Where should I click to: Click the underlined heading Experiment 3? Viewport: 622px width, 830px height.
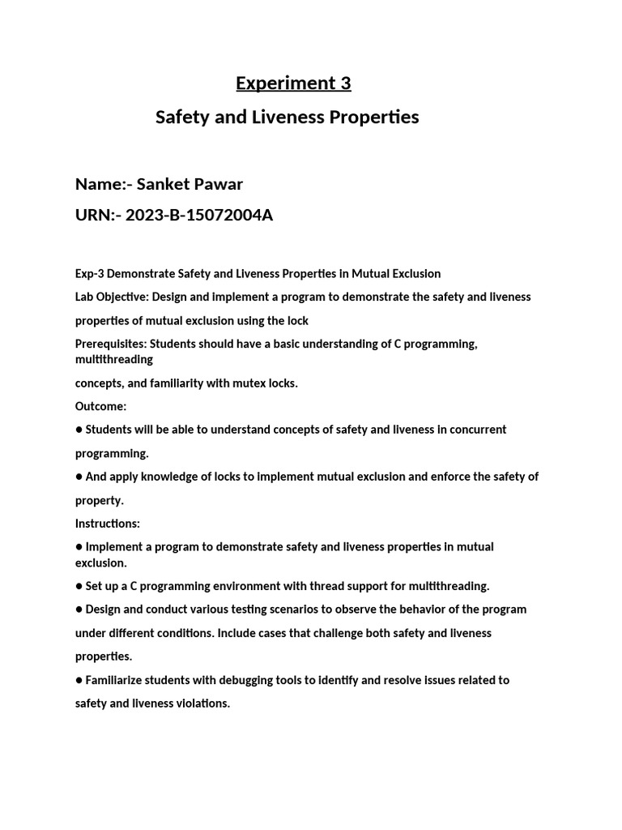(293, 83)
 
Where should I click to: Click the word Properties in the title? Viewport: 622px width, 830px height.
(373, 118)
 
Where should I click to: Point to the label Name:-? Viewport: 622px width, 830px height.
(103, 184)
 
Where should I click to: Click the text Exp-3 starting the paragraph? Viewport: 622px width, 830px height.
(91, 274)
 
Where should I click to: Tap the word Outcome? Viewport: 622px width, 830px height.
(101, 406)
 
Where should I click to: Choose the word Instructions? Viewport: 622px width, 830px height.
(108, 524)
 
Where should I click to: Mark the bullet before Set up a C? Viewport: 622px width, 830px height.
(79, 586)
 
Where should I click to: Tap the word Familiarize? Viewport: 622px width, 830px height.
(119, 680)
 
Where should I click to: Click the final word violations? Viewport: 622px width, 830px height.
(202, 704)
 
